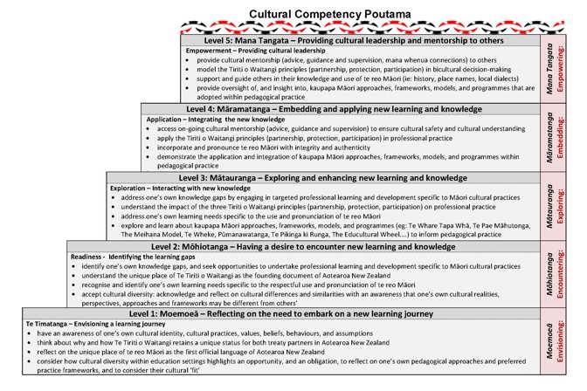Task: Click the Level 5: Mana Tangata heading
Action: (357, 40)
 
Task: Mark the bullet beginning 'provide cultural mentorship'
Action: (288, 60)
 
